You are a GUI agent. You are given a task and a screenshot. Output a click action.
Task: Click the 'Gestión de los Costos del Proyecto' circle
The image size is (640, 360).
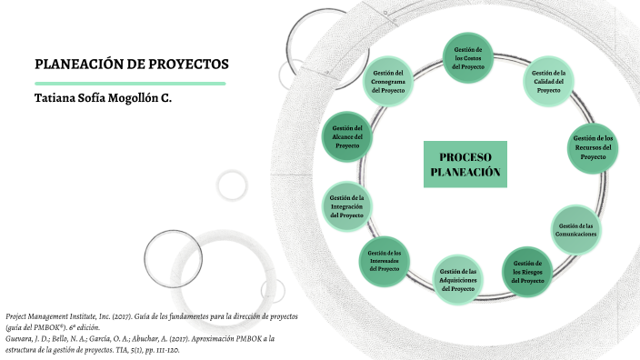pos(469,57)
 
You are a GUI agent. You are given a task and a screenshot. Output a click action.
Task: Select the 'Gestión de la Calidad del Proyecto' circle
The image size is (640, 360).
pos(549,82)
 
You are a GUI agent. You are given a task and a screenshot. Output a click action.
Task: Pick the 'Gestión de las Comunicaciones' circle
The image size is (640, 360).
pos(576,229)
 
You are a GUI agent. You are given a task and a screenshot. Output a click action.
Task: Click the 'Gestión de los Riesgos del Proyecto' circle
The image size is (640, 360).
pos(528,272)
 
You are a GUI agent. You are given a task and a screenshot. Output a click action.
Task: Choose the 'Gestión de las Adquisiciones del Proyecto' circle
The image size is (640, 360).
pos(457,279)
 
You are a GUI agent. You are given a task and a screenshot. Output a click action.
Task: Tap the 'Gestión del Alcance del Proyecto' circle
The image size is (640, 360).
pos(347,137)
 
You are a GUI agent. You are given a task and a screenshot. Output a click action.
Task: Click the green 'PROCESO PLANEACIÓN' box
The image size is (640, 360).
pos(465,165)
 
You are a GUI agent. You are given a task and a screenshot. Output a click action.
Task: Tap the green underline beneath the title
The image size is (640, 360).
pos(129,84)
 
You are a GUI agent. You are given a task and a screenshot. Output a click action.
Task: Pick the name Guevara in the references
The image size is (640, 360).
pos(21,337)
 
